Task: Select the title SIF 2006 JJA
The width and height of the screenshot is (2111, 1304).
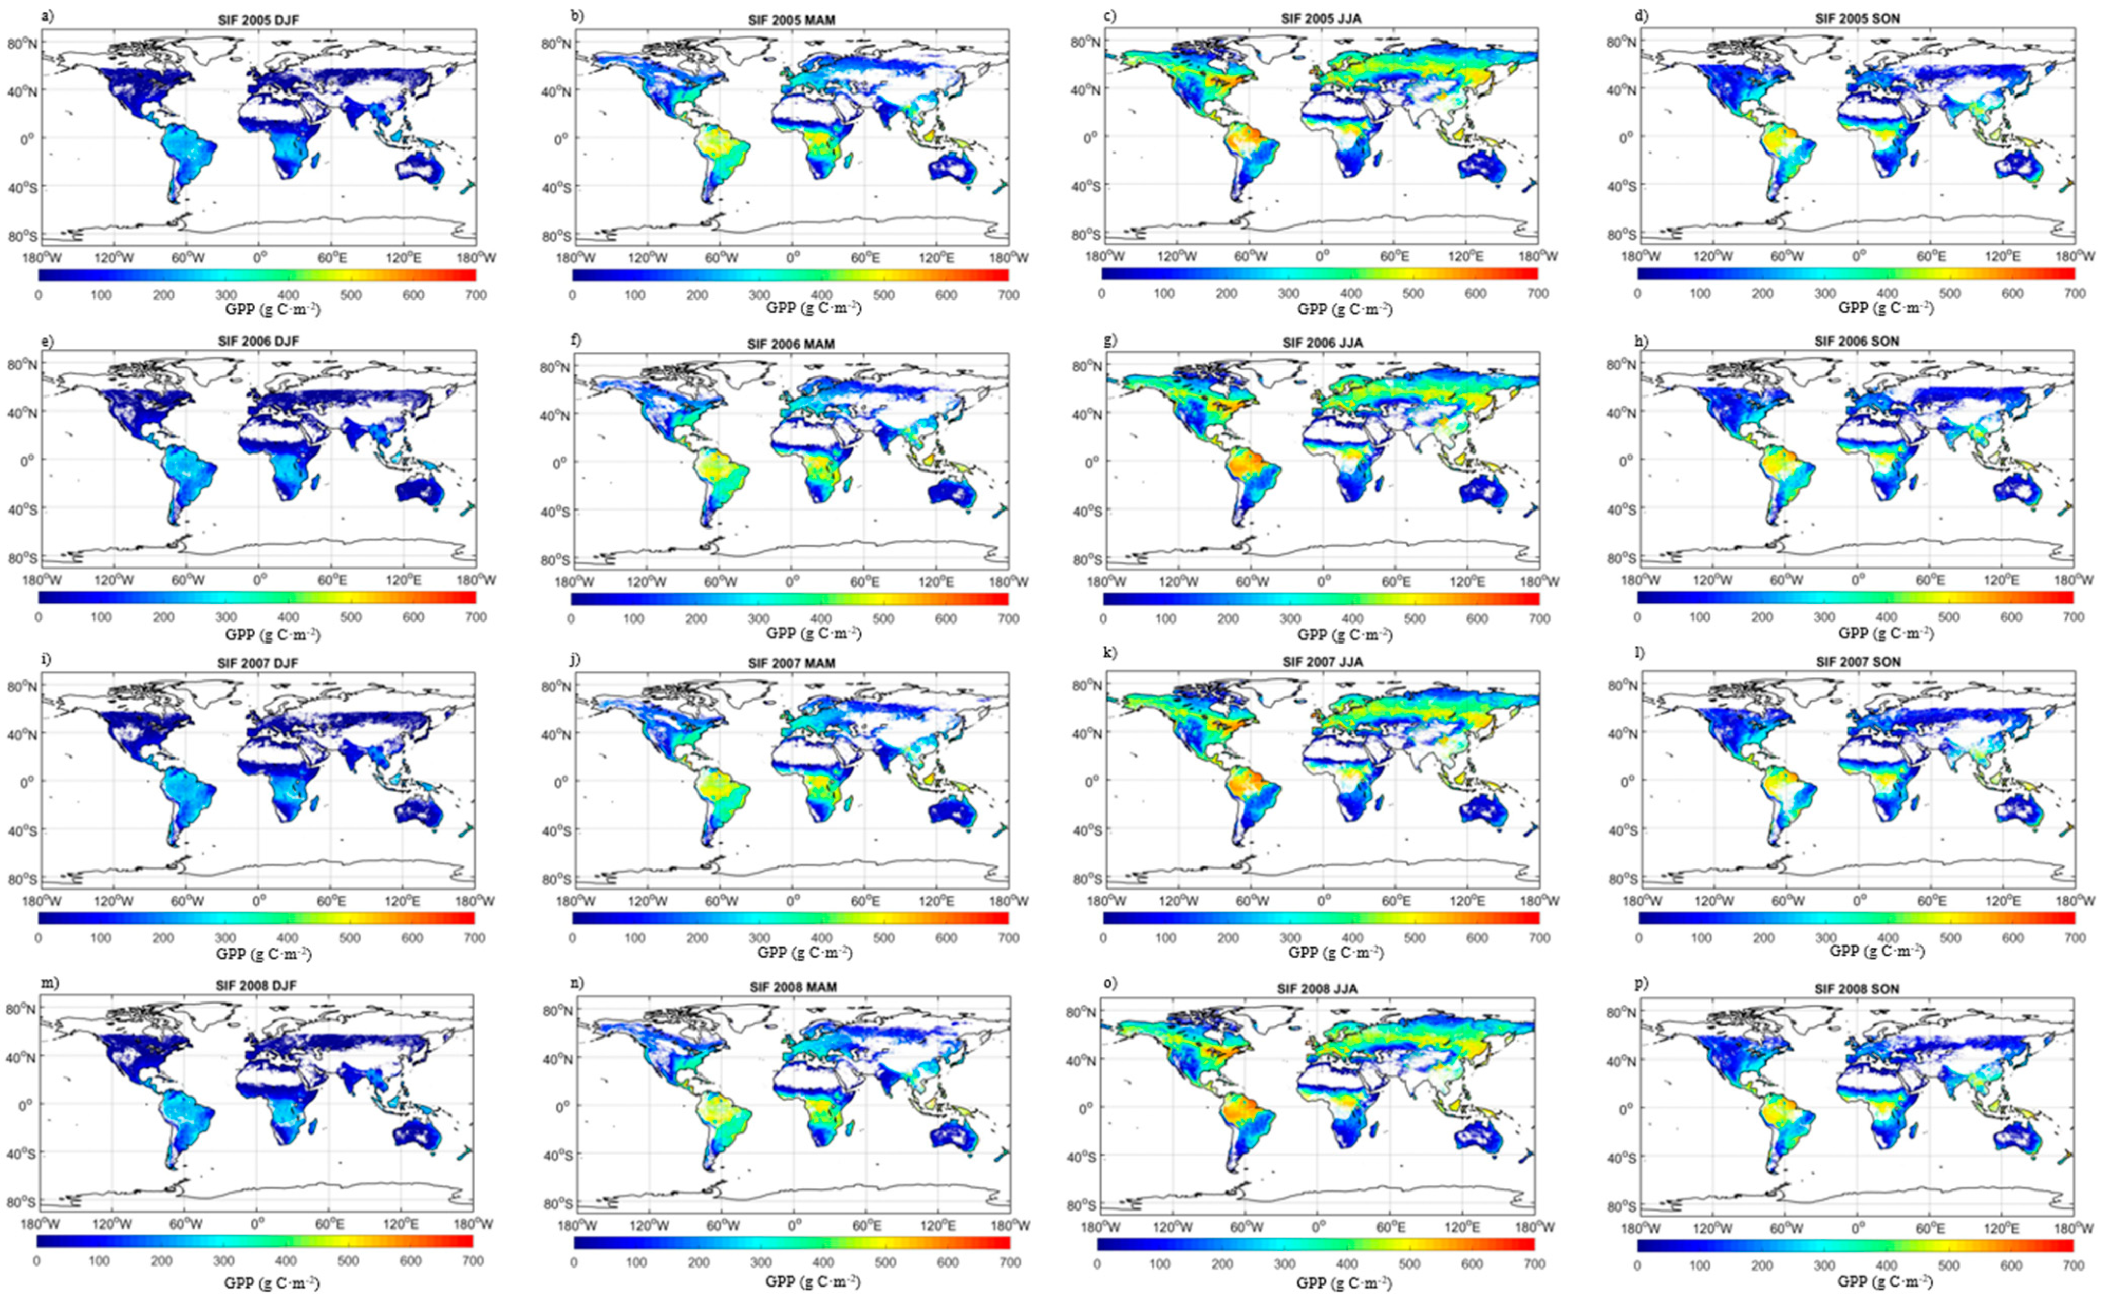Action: point(1322,343)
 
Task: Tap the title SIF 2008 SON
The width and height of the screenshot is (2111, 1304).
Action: point(1857,988)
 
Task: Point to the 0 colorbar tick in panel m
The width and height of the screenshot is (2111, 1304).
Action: point(37,1261)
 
